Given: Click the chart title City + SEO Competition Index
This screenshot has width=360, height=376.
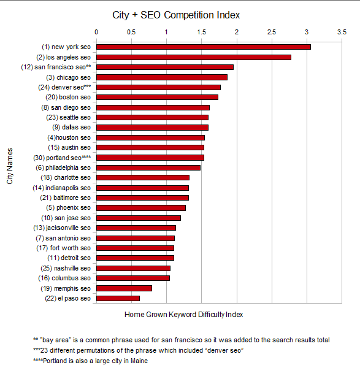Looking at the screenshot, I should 176,14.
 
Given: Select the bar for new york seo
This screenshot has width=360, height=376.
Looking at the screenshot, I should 203,47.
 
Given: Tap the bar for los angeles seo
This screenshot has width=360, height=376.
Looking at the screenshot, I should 193,57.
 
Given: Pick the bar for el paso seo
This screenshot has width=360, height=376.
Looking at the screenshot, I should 118,299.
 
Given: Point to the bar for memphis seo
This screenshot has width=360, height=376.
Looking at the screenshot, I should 124,288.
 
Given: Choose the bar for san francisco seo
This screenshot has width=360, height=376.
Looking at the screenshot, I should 164,67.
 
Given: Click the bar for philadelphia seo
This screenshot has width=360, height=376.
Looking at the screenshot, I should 148,167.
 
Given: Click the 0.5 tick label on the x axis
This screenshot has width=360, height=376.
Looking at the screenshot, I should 131,31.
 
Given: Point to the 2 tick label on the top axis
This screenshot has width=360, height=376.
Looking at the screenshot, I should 236,31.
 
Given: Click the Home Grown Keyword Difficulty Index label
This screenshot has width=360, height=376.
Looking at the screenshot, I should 184,315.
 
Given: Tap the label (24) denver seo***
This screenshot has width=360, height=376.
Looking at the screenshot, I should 64,87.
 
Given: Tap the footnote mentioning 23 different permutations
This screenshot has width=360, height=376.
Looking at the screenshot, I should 138,350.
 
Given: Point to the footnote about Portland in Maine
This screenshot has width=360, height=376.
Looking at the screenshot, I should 91,361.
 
